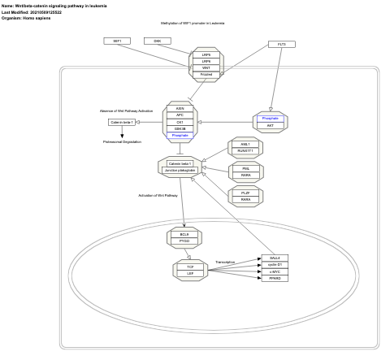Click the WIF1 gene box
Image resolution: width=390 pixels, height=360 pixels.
tap(118, 41)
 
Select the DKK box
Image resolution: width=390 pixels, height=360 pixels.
tap(157, 41)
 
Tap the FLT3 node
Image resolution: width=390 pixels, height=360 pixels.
tap(281, 44)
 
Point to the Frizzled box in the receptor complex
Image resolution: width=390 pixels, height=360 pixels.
tap(206, 74)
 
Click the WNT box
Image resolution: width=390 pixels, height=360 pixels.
tap(206, 67)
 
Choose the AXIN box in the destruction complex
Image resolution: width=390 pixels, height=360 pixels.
tap(180, 108)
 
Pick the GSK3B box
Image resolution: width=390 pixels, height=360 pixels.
tap(180, 128)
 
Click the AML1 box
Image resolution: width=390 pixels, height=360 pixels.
tap(245, 145)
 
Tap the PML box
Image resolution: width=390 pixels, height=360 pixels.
tap(245, 168)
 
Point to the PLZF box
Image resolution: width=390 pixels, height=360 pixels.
tap(245, 193)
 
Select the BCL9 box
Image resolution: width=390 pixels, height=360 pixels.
tap(184, 234)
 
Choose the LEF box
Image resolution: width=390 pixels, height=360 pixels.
tap(190, 274)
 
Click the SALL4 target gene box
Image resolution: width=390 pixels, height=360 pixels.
tap(274, 258)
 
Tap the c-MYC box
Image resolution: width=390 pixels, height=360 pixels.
tap(274, 271)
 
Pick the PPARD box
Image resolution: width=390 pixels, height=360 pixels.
tap(274, 279)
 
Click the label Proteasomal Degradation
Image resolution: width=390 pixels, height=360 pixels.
tap(122, 141)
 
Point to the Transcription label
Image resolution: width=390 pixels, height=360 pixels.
tap(225, 262)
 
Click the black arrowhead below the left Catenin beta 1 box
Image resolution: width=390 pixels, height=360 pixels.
tap(122, 134)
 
